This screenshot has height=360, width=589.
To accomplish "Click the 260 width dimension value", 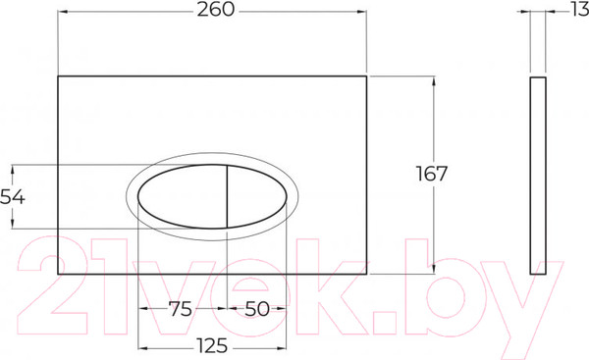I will tap(212, 13).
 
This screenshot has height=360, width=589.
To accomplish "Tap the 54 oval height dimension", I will tap(13, 196).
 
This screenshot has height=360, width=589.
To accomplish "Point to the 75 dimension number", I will tap(180, 309).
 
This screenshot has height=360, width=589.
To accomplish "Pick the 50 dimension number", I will tap(256, 309).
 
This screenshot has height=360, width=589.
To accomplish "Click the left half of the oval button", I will tap(182, 196).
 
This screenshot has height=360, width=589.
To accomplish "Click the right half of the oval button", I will tap(257, 196).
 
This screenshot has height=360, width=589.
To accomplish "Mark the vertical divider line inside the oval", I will tap(228, 196).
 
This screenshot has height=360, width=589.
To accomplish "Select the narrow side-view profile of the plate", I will tap(536, 174).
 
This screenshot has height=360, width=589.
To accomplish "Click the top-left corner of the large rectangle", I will tap(59, 75).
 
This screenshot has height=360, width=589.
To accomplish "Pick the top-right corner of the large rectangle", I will tap(366, 75).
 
